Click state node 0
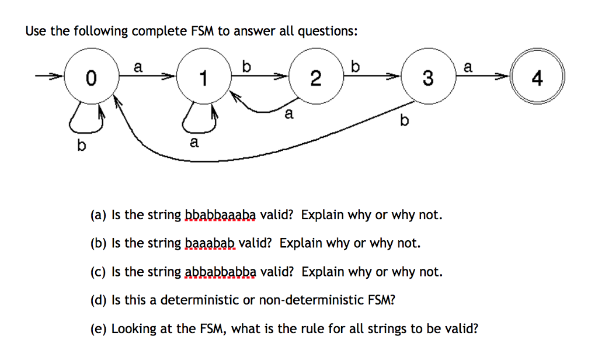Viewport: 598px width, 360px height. (x=89, y=77)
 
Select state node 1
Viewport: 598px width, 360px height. (x=203, y=77)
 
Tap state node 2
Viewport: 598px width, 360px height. (x=315, y=77)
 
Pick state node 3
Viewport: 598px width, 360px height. (x=428, y=77)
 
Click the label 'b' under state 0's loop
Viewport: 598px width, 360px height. (x=81, y=146)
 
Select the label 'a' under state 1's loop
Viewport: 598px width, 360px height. (x=194, y=142)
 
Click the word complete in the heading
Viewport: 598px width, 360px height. (x=157, y=31)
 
